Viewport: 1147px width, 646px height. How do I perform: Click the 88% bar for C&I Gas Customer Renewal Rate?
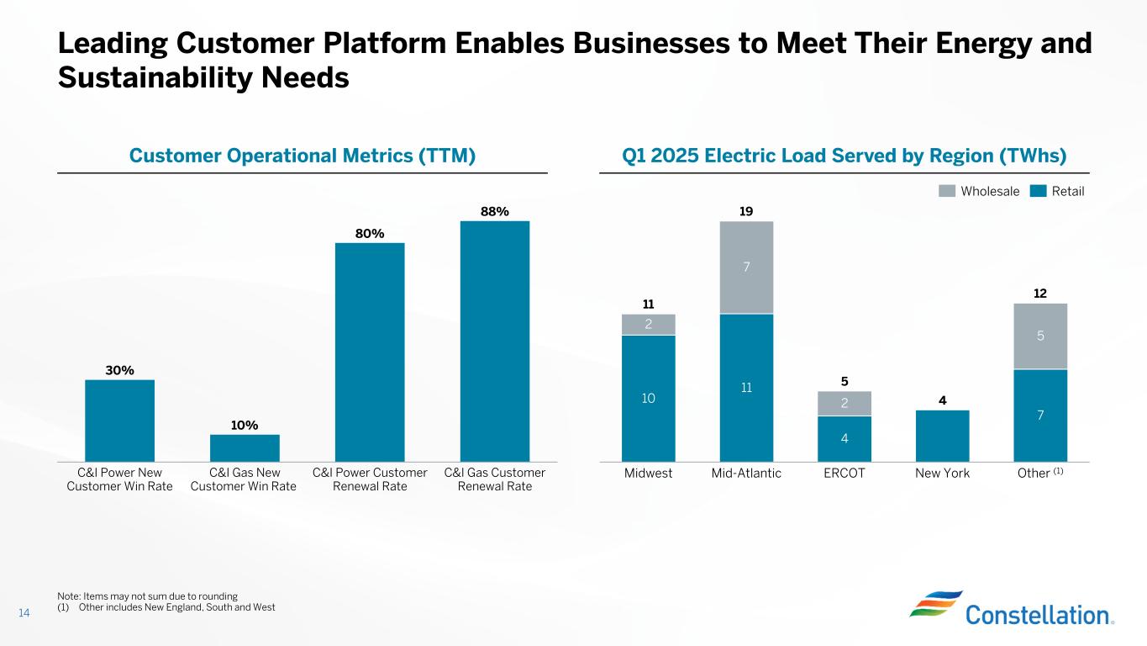click(x=494, y=341)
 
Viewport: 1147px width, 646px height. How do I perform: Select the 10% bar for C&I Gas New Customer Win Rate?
click(x=244, y=447)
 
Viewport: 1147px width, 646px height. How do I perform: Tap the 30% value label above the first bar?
click(x=119, y=370)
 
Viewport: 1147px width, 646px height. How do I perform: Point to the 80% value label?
click(x=370, y=233)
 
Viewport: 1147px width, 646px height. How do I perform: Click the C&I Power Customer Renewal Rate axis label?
click(x=370, y=479)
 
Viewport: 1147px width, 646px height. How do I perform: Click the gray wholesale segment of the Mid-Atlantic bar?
click(x=746, y=267)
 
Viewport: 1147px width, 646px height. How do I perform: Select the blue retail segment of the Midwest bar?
click(x=648, y=398)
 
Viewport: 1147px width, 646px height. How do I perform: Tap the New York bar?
click(x=942, y=435)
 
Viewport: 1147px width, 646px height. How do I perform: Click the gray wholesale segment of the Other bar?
click(x=1040, y=336)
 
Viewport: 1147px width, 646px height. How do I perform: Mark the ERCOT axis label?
click(x=844, y=473)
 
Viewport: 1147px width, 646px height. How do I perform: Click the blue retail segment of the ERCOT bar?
click(x=844, y=438)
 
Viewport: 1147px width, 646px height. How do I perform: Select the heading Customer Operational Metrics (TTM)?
click(x=303, y=156)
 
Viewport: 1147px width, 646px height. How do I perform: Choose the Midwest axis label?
click(x=648, y=473)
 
